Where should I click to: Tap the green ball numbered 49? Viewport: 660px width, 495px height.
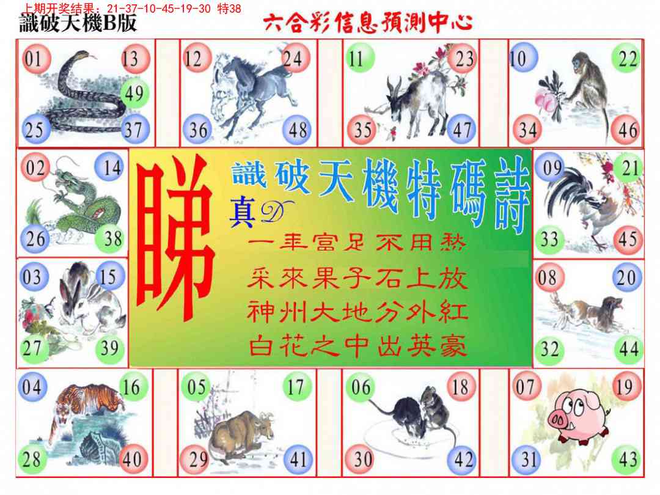[x=134, y=94]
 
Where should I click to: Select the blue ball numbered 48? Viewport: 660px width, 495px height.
[x=297, y=130]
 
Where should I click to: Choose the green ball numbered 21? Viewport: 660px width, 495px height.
[x=629, y=168]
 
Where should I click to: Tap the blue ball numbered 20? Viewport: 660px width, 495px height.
[x=627, y=277]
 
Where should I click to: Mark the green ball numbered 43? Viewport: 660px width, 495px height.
[x=627, y=459]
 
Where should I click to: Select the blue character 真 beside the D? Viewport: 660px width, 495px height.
[x=242, y=213]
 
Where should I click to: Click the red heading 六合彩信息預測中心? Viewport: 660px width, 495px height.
[x=368, y=23]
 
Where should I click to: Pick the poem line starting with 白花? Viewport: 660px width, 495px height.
[x=358, y=347]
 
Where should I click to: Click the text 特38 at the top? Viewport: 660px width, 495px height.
[x=229, y=8]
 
